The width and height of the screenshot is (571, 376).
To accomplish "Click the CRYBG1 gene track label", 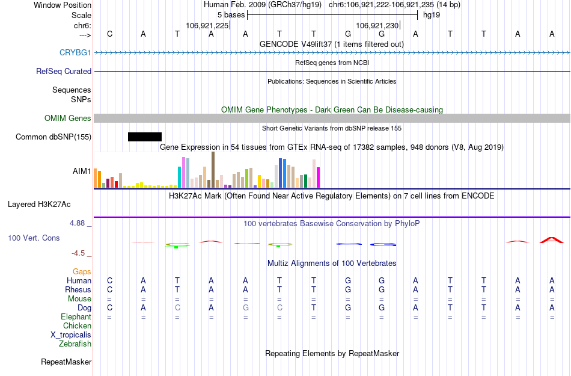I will click(75, 53).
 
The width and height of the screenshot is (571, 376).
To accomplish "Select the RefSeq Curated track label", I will click(64, 71).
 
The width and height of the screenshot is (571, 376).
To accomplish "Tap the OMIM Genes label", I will click(68, 118).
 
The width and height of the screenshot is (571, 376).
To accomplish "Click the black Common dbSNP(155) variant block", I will click(145, 137).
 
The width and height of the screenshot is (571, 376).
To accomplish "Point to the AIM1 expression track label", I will click(82, 171).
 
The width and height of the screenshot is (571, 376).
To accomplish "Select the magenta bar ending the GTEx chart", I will click(319, 177).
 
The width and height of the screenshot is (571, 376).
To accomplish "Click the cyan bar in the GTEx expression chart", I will click(180, 177).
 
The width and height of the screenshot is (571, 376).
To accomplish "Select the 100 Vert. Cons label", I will click(34, 238).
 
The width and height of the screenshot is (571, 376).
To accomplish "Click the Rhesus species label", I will click(78, 289).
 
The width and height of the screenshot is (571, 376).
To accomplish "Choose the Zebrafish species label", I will click(75, 344).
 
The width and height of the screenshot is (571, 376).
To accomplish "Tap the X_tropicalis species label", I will click(71, 335).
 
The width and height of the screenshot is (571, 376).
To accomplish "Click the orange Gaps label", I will click(82, 272).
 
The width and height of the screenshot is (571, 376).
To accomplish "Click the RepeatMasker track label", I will click(66, 362).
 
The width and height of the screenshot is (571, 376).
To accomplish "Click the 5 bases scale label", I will click(231, 15).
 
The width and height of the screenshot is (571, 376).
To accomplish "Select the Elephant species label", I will click(76, 317).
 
